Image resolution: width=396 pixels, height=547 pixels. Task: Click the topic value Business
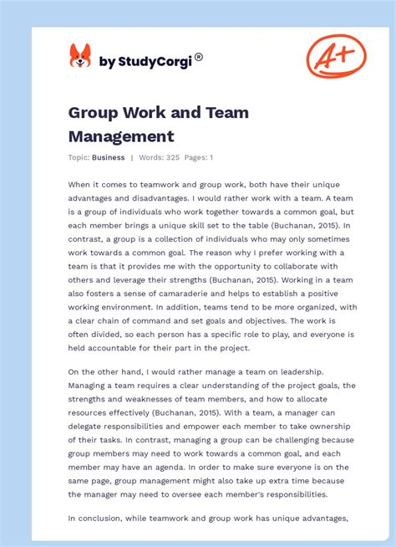click(109, 157)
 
